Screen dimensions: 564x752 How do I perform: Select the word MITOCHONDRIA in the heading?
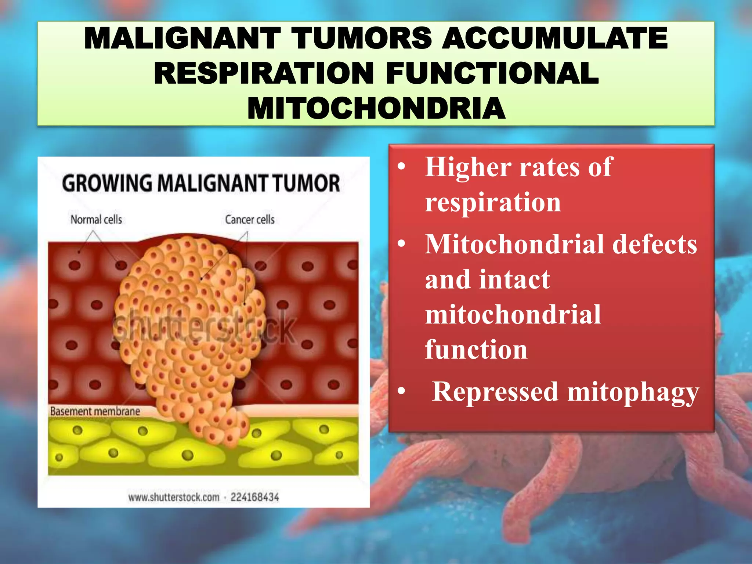tap(376, 109)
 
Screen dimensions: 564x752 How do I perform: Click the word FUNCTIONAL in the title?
tap(492, 73)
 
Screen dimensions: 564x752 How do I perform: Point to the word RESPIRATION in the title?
tap(264, 73)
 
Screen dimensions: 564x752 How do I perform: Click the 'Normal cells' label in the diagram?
tap(96, 220)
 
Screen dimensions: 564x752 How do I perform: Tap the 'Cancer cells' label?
tap(250, 220)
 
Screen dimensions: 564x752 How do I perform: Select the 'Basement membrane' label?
tap(95, 411)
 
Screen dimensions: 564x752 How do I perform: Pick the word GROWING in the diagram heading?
tap(106, 183)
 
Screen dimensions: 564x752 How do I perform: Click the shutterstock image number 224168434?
tap(255, 498)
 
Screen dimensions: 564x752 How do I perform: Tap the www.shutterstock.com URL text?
tap(174, 498)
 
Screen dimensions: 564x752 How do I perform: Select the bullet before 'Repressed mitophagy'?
tap(402, 392)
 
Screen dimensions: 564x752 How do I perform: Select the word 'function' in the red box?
tap(476, 350)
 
